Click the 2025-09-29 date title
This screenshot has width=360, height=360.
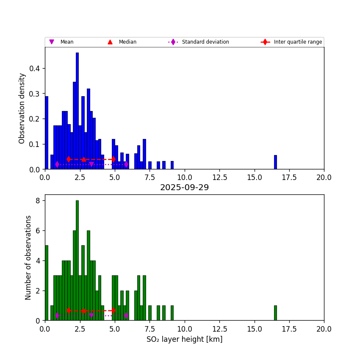coord(184,188)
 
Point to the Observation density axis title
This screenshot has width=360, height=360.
coord(22,108)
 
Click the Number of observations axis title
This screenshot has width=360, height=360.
coord(28,258)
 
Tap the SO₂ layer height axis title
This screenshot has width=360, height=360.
coord(184,339)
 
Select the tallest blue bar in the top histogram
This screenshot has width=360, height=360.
coord(77,111)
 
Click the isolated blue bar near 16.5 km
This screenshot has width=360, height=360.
coord(275,162)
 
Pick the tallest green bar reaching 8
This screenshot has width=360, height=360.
coord(77,260)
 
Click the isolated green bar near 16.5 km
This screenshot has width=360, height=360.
coord(275,313)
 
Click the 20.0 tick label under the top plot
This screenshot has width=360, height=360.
coord(324,177)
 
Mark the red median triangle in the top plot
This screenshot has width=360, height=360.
coord(84,160)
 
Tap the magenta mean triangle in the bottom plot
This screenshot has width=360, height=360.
coord(91,316)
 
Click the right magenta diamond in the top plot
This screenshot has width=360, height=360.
coord(126,164)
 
